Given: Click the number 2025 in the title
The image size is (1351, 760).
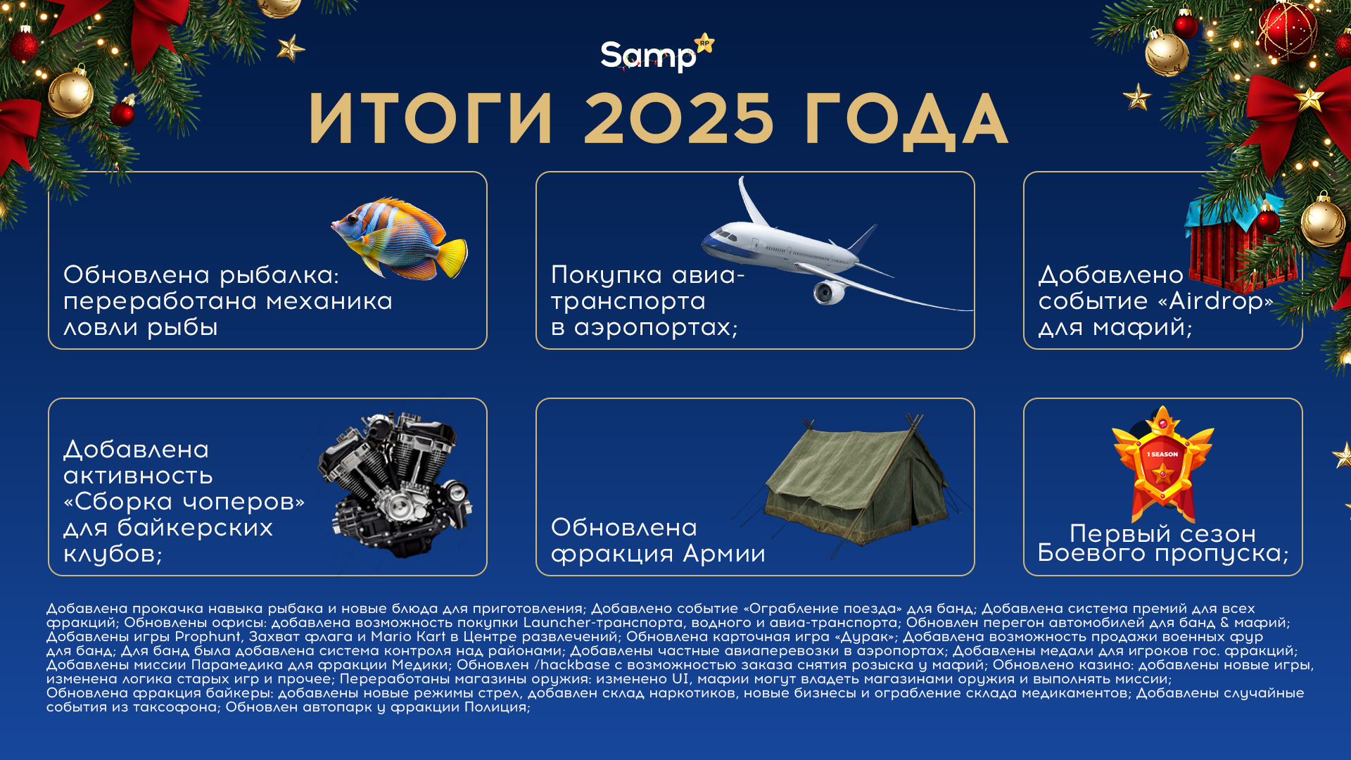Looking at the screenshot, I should click(x=678, y=120).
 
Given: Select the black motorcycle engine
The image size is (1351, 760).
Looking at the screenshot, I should click(x=394, y=486).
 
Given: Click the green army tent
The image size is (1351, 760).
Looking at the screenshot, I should click(x=855, y=479).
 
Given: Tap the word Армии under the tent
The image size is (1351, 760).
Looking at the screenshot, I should click(x=724, y=554).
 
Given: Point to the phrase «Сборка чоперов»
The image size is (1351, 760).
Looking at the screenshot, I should click(x=184, y=502).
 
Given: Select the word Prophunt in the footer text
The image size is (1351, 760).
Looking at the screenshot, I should click(x=208, y=637).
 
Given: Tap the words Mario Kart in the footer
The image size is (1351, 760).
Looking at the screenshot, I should click(x=408, y=637).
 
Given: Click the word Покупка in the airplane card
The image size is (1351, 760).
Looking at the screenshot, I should click(x=607, y=275).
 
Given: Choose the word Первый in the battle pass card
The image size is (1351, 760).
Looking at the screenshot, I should click(x=1112, y=533).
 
